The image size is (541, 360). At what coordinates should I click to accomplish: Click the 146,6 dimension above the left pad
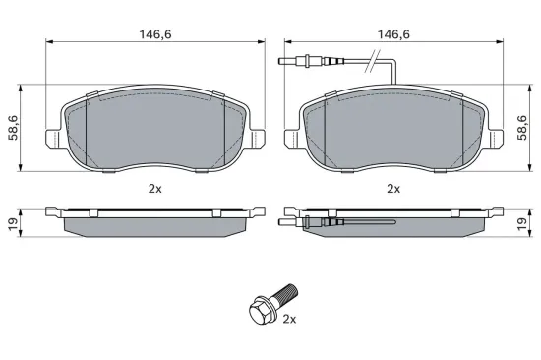(x=154, y=34)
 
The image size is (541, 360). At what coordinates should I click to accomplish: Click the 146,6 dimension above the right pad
(x=393, y=34)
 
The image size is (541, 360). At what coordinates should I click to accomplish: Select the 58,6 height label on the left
(x=14, y=128)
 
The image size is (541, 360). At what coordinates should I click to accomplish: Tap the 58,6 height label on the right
(x=522, y=128)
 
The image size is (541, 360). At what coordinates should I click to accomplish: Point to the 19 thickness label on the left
(x=13, y=224)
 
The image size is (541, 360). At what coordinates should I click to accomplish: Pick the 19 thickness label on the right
(x=522, y=224)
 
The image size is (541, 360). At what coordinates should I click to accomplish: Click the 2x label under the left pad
(x=154, y=189)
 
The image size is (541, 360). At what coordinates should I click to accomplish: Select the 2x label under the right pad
(x=393, y=189)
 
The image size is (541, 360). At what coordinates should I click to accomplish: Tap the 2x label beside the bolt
(x=289, y=320)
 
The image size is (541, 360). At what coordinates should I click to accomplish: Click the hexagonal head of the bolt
(x=261, y=310)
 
